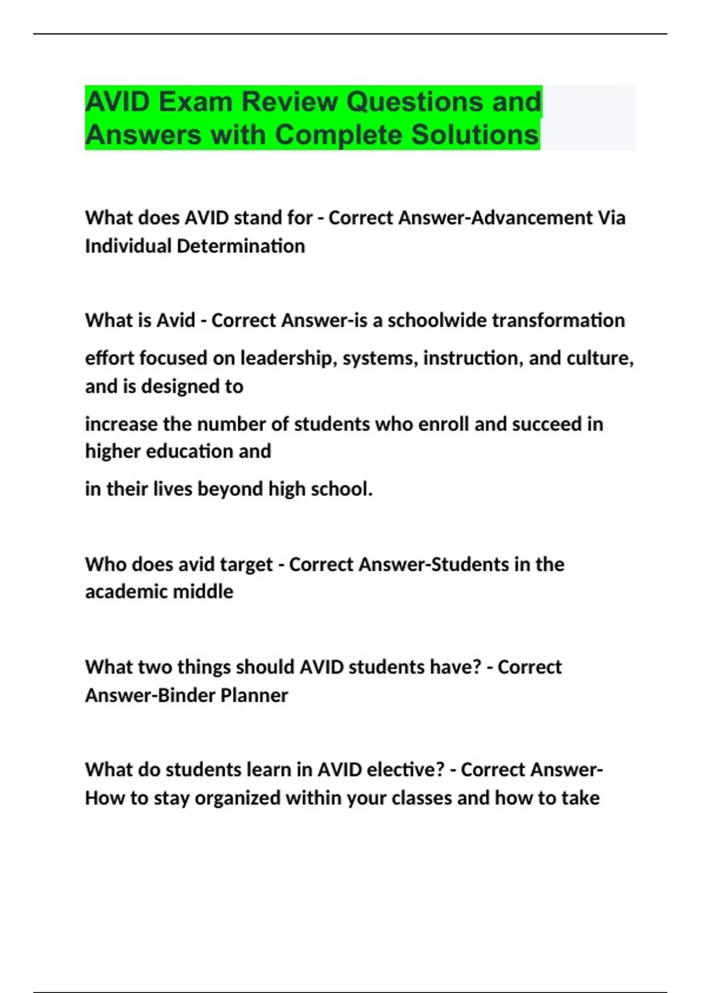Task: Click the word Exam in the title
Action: click(x=195, y=102)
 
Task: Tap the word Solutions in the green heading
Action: click(x=474, y=134)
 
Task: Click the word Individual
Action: click(x=128, y=246)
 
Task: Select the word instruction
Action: click(x=473, y=357)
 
